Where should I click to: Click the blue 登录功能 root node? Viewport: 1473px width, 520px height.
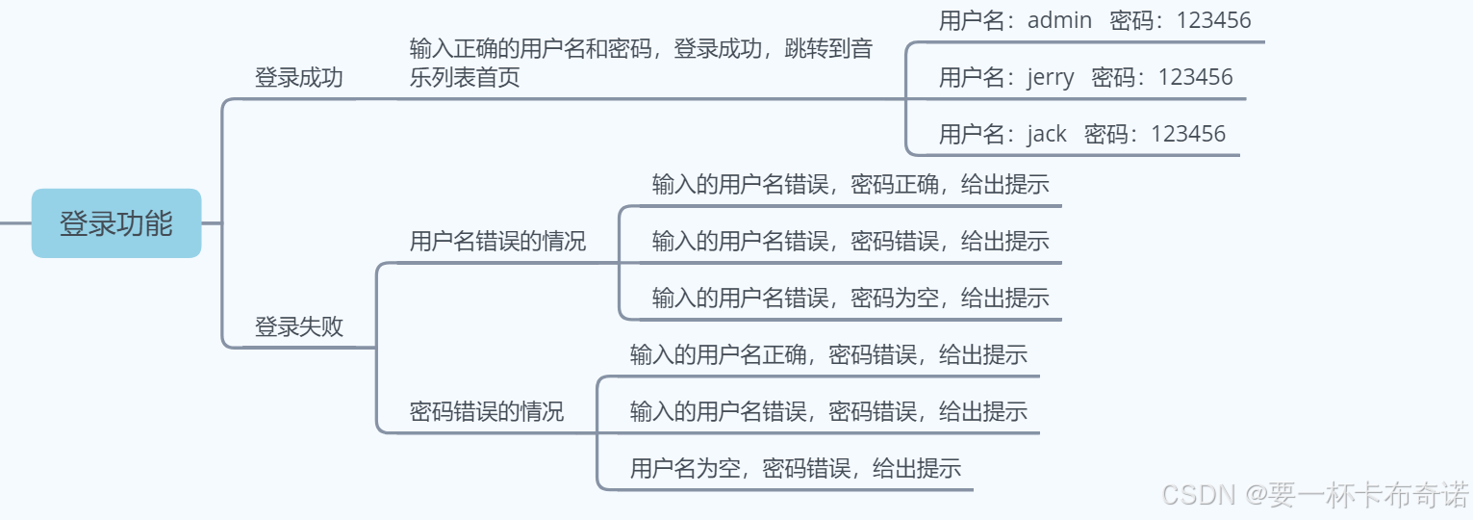[x=116, y=223]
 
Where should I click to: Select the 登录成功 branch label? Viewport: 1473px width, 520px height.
[x=298, y=78]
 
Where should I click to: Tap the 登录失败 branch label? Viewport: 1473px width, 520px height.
[x=298, y=327]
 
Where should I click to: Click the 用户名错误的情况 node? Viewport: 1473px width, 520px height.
[x=497, y=241]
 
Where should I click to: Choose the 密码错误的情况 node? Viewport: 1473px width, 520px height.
[x=487, y=412]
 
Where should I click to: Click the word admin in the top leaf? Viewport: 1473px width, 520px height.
[x=1059, y=20]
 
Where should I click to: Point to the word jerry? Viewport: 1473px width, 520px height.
[x=1051, y=77]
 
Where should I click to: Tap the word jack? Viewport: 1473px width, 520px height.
[x=1047, y=134]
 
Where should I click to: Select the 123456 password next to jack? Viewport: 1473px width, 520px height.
[x=1188, y=134]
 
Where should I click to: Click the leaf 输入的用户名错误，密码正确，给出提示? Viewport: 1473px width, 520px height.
[x=850, y=185]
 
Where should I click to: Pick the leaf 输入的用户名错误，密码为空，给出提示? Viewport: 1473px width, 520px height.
[x=850, y=299]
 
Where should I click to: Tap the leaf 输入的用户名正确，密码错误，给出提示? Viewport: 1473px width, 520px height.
[x=827, y=354]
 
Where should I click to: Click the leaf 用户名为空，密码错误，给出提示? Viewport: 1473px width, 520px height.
[x=795, y=469]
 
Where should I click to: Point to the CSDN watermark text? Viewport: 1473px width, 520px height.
[x=1198, y=495]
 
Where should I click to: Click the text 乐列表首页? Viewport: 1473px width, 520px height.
[x=465, y=78]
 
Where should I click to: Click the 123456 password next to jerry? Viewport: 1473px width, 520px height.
[x=1195, y=77]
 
